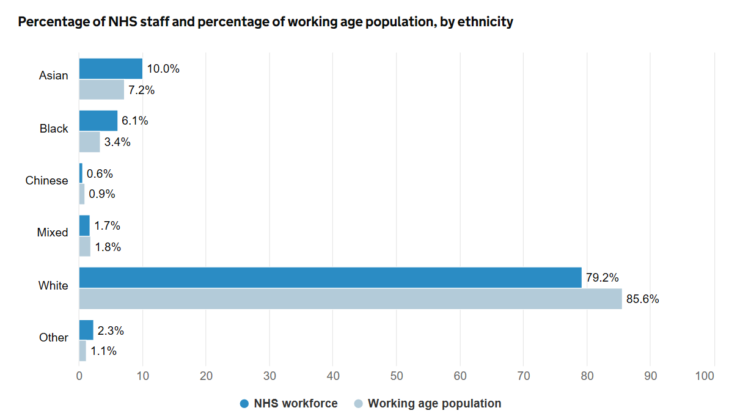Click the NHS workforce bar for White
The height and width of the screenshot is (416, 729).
pyautogui.click(x=330, y=277)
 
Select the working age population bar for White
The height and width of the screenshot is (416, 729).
pyautogui.click(x=350, y=299)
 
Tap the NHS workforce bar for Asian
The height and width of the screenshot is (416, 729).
pyautogui.click(x=111, y=68)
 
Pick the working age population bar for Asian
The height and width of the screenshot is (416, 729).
pyautogui.click(x=101, y=90)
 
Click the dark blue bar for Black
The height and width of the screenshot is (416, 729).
pyautogui.click(x=98, y=120)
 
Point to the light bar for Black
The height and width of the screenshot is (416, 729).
pyautogui.click(x=90, y=142)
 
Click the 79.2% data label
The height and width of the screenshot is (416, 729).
pyautogui.click(x=602, y=278)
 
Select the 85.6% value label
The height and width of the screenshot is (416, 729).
pyautogui.click(x=643, y=299)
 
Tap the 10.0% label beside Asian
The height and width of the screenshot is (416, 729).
pyautogui.click(x=163, y=69)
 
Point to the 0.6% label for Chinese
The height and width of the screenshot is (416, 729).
pyautogui.click(x=100, y=173)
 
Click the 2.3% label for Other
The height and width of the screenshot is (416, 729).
pyautogui.click(x=111, y=330)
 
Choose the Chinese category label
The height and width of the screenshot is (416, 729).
pyautogui.click(x=47, y=181)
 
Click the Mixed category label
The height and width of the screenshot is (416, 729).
pyautogui.click(x=53, y=233)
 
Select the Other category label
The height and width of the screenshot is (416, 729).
pyautogui.click(x=54, y=337)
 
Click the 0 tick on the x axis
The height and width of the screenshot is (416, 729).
pyautogui.click(x=79, y=376)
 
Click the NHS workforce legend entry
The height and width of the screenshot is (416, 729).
pyautogui.click(x=288, y=403)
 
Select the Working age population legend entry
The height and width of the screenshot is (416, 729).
pyautogui.click(x=428, y=403)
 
